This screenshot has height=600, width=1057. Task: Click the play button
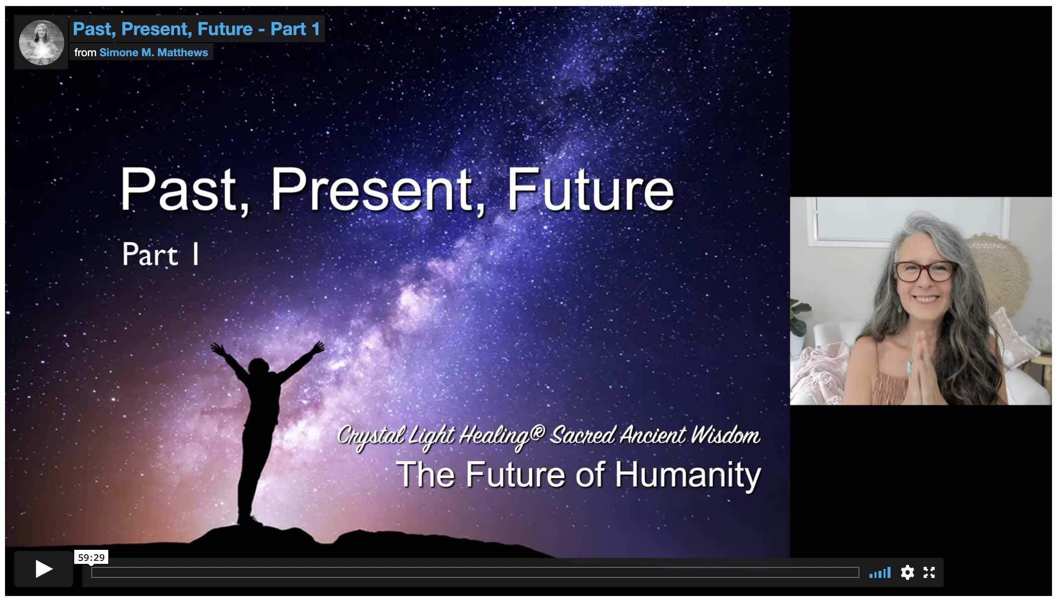(44, 569)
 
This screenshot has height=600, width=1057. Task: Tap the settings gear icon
(907, 572)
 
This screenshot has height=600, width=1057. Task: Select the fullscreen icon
(929, 572)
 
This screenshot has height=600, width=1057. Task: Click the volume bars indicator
(880, 572)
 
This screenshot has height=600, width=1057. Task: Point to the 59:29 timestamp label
(91, 557)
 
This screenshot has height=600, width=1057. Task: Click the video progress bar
(475, 572)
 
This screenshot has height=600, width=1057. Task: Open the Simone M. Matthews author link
(153, 53)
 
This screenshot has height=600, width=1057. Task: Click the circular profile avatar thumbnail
(41, 42)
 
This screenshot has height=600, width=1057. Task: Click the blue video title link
(197, 29)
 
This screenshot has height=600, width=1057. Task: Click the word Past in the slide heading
(178, 190)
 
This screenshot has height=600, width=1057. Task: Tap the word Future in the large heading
(590, 190)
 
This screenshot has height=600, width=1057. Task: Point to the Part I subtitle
(160, 254)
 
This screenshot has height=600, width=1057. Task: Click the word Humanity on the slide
(687, 475)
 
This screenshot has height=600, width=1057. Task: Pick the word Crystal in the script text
(370, 436)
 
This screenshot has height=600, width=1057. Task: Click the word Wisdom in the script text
(725, 435)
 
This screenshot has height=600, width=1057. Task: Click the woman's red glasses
(925, 271)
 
